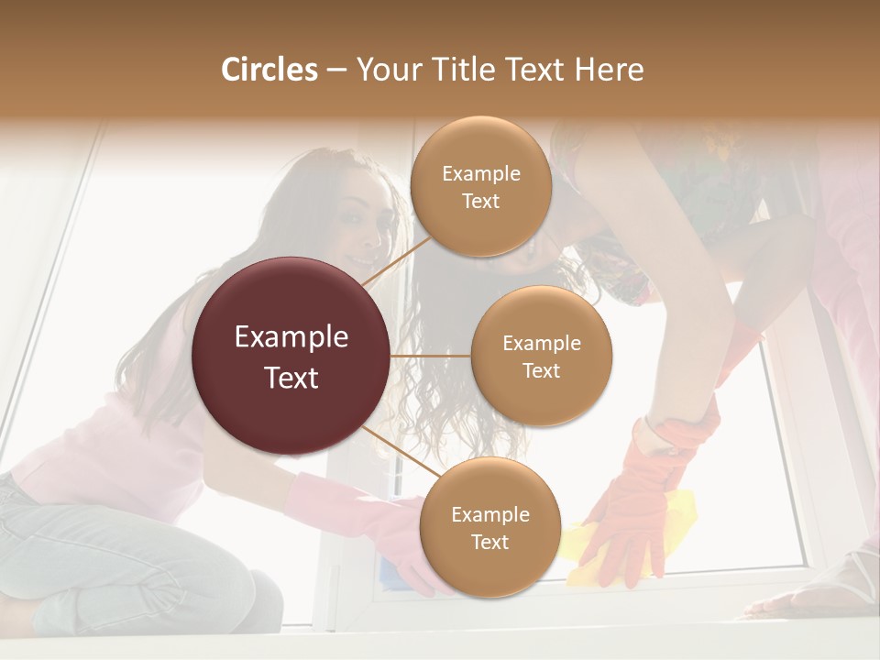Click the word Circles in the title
269,70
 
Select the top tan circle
480,187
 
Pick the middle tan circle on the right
541,356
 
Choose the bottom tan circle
489,528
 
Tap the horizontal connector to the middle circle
431,356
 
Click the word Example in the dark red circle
291,337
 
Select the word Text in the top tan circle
480,202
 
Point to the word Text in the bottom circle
489,543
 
